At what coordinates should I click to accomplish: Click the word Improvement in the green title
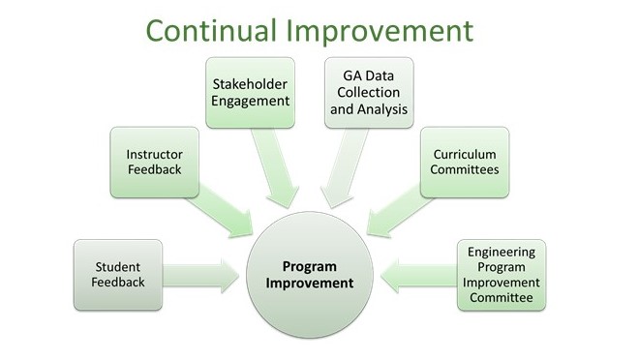[380, 31]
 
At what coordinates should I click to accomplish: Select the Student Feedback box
[118, 275]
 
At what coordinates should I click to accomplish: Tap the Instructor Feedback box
[155, 162]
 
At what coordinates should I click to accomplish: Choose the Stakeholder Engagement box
[250, 93]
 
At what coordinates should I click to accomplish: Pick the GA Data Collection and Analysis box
[369, 93]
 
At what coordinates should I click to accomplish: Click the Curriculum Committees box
[465, 162]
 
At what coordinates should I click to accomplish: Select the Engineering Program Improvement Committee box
[502, 275]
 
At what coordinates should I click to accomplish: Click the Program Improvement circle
[310, 275]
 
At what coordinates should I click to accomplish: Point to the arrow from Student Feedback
[200, 276]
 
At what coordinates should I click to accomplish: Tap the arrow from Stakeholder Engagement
[275, 167]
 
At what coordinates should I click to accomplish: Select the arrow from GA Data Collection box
[345, 167]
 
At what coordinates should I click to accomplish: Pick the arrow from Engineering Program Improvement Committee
[419, 276]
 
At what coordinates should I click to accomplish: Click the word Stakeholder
[250, 84]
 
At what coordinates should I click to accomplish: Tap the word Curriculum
[465, 154]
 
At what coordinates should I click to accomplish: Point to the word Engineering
[502, 252]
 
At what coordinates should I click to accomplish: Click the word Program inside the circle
[310, 267]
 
